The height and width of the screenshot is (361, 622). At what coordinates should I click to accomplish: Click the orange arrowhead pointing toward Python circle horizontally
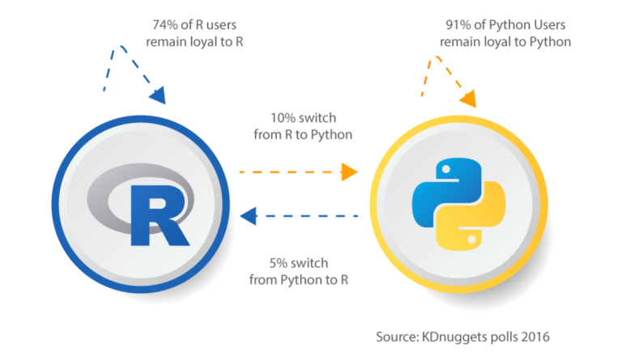[x=349, y=172]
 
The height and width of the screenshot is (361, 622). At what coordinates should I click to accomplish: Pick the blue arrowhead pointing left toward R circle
[x=249, y=215]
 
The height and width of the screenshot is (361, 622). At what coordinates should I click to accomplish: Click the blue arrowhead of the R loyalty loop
[x=156, y=96]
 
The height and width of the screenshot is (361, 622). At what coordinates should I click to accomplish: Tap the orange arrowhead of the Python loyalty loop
[x=467, y=100]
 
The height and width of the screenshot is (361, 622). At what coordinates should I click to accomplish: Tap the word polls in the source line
[x=508, y=336]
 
